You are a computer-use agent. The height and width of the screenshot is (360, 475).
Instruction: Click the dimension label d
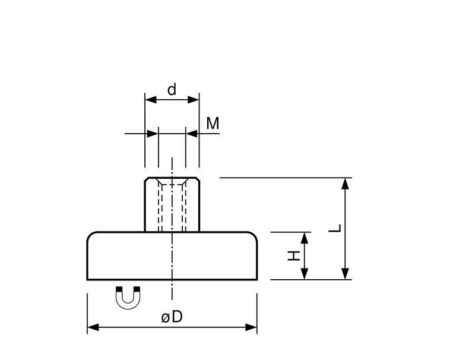point(172,90)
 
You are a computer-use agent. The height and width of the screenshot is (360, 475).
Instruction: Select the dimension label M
point(213,124)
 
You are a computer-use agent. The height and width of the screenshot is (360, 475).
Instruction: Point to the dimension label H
point(292,256)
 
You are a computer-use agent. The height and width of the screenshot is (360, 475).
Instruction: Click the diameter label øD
point(172,318)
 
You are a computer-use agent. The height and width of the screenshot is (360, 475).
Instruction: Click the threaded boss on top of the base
point(172,205)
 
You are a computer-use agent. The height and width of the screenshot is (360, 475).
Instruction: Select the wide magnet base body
point(172,255)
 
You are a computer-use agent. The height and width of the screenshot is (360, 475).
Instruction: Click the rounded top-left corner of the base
point(90,235)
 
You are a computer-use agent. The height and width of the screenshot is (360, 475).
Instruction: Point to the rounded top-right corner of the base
point(255,235)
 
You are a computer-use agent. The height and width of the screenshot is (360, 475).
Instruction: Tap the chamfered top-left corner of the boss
point(147,180)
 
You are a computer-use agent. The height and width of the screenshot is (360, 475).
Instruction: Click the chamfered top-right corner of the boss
point(197,180)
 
